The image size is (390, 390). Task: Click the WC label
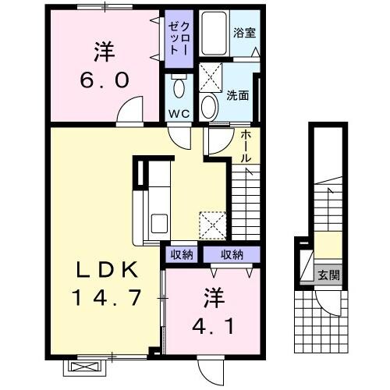click(180, 112)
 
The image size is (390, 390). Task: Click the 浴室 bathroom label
click(244, 33)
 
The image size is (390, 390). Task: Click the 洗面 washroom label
click(238, 97)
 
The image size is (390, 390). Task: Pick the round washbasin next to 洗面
click(209, 106)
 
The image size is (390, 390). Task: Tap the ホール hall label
click(245, 146)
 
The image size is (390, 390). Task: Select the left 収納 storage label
click(182, 253)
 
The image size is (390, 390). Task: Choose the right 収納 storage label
click(231, 253)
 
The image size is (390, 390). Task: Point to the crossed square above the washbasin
click(209, 76)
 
